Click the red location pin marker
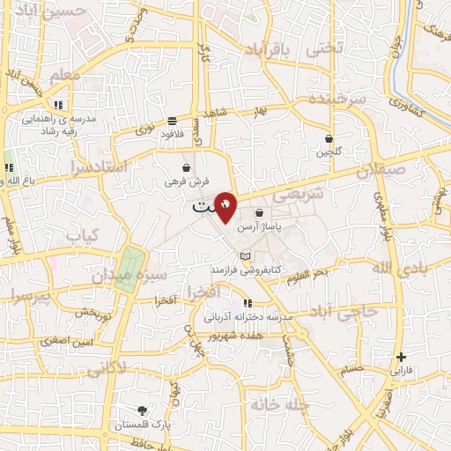click(226, 206)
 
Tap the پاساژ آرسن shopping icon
click(259, 212)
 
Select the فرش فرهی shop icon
click(186, 167)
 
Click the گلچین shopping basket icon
click(329, 138)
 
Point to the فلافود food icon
click(171, 121)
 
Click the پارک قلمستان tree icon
click(143, 410)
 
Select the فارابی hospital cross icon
click(402, 358)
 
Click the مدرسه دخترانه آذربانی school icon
click(248, 304)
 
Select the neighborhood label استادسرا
click(96, 166)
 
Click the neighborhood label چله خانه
click(274, 404)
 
